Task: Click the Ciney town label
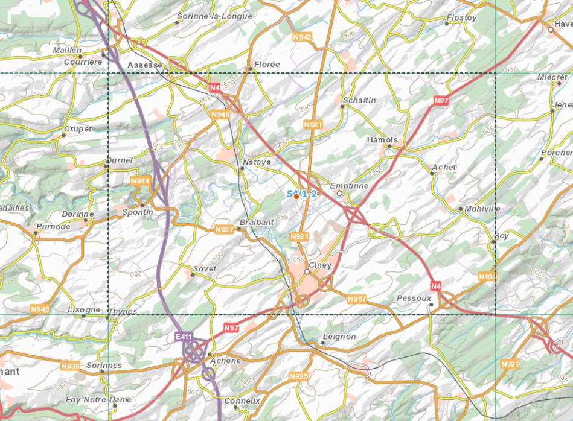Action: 320,265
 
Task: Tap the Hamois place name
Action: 382,139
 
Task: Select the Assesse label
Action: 145,65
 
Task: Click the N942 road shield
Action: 302,37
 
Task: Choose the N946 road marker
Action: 221,114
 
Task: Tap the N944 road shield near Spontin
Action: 139,181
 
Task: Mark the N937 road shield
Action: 224,230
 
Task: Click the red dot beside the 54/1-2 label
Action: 296,197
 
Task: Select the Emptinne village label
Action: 349,186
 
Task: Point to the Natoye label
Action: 257,162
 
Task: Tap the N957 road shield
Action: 357,299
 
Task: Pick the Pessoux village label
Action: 414,298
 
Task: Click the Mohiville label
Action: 482,209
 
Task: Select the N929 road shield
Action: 510,364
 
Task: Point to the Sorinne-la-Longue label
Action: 214,16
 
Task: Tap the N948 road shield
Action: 40,309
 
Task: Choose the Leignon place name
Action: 339,337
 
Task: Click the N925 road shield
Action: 299,376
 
